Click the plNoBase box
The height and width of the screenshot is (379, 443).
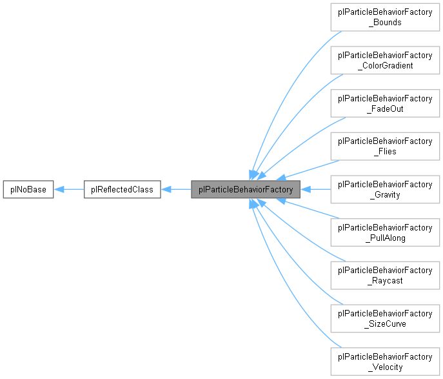pyautogui.click(x=27, y=190)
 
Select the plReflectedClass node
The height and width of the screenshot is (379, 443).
pyautogui.click(x=122, y=190)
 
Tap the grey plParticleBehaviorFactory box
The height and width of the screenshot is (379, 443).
pyautogui.click(x=246, y=190)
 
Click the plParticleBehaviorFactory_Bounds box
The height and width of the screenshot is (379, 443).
pyautogui.click(x=385, y=17)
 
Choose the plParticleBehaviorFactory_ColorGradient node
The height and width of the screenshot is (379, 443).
pyautogui.click(x=385, y=60)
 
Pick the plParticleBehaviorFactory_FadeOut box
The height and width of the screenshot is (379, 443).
pyautogui.click(x=385, y=103)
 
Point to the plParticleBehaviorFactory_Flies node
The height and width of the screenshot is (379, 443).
pyautogui.click(x=385, y=147)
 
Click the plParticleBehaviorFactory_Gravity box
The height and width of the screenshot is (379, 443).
pyautogui.click(x=385, y=189)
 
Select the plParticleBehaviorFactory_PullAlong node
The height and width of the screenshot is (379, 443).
pyautogui.click(x=385, y=232)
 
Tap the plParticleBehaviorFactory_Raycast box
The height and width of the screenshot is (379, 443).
pyautogui.click(x=385, y=276)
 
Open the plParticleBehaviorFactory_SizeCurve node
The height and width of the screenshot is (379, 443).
pyautogui.click(x=385, y=318)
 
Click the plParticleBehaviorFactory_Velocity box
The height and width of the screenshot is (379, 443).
pyautogui.click(x=385, y=362)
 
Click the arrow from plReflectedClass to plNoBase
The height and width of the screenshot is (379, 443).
pyautogui.click(x=68, y=190)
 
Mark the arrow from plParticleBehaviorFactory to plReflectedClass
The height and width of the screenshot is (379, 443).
pyautogui.click(x=176, y=190)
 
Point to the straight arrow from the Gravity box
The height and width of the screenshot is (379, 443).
pyautogui.click(x=315, y=190)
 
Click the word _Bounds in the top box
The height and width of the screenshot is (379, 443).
pyautogui.click(x=385, y=23)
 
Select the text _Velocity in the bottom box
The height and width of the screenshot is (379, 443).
pyautogui.click(x=385, y=367)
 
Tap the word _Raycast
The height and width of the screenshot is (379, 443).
pyautogui.click(x=385, y=281)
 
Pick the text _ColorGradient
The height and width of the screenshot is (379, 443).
pyautogui.click(x=385, y=65)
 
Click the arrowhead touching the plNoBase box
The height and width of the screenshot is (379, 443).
pyautogui.click(x=58, y=190)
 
